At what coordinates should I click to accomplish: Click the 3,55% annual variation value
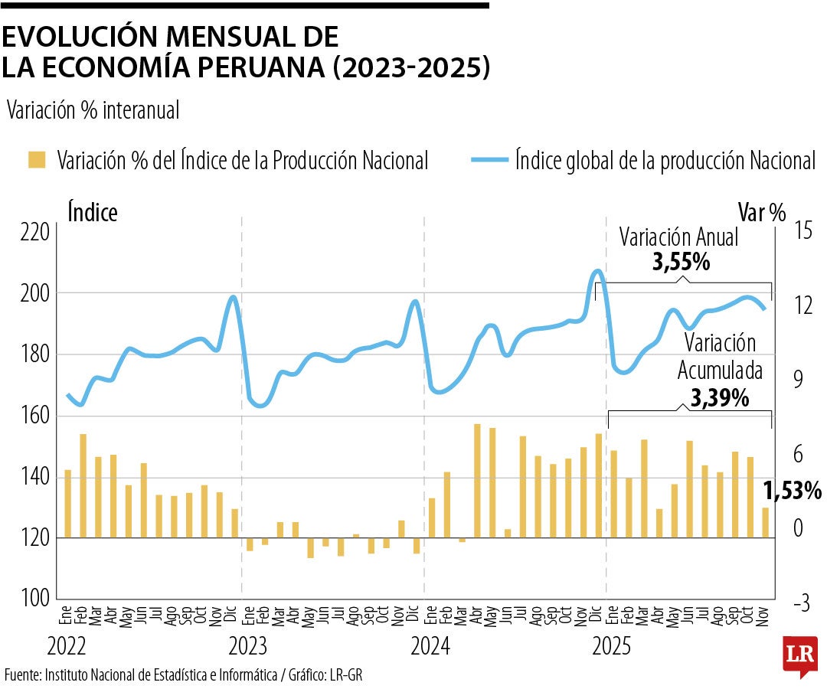[x=680, y=263]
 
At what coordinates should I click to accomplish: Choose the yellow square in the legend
[x=37, y=160]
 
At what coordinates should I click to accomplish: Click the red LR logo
[x=799, y=655]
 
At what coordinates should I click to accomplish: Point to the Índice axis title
[x=93, y=212]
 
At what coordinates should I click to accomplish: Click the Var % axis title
[x=761, y=212]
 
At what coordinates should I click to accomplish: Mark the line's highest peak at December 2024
[x=598, y=271]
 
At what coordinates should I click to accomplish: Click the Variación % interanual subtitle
[x=93, y=111]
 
